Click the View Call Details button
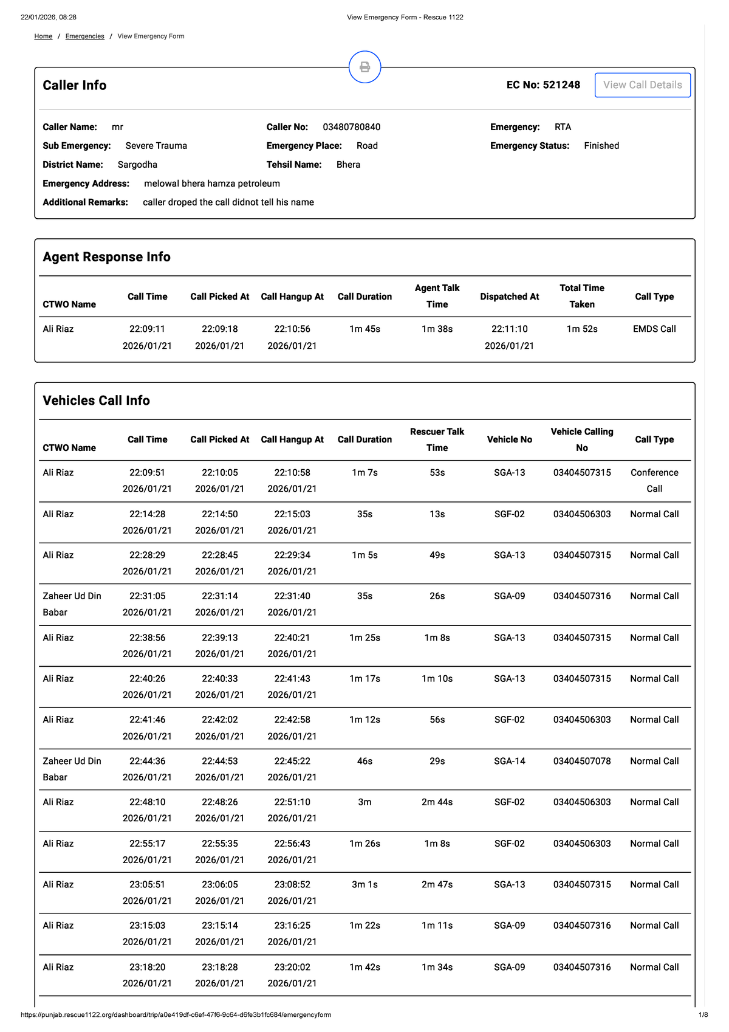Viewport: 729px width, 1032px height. pos(642,85)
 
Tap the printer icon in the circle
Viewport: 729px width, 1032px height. pos(364,67)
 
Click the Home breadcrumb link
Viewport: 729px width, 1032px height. pos(43,36)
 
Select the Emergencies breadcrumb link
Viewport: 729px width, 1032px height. pos(85,36)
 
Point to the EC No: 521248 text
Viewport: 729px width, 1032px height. pos(543,85)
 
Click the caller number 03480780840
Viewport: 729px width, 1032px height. pos(351,127)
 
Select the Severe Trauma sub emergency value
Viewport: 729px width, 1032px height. pos(156,146)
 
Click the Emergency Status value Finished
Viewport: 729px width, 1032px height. pos(601,146)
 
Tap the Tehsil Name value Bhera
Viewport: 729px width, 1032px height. pos(348,165)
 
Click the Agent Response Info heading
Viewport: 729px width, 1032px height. pos(106,257)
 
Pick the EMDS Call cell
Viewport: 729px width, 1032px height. pos(654,329)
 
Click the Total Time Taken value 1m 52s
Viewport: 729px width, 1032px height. pos(582,329)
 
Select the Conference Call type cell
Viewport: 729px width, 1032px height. pos(654,481)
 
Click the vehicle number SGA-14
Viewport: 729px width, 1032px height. pos(509,761)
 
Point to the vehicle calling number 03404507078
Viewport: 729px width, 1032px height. pos(582,761)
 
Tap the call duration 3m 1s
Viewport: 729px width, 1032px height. pos(364,884)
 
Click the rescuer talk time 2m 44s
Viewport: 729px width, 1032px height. pos(437,802)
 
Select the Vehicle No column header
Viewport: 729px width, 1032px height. pos(509,439)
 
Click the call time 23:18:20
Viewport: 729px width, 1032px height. pos(147,967)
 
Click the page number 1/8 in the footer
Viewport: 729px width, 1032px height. pos(703,1014)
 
